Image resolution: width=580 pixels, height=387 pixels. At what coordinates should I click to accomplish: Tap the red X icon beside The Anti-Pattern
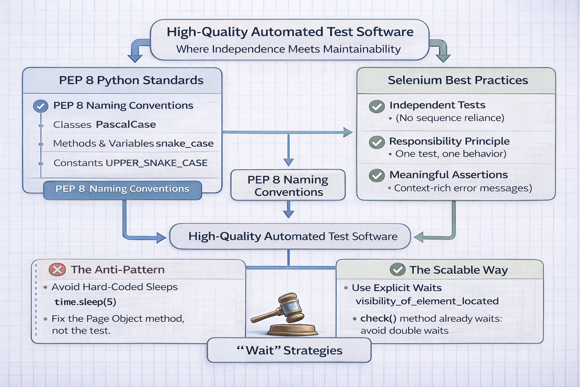coord(57,269)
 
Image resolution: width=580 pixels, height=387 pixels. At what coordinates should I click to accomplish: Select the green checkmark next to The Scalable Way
coord(397,269)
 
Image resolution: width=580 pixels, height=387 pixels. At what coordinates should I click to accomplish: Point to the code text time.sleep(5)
coord(85,302)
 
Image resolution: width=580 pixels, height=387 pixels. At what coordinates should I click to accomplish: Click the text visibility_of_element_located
coord(427,301)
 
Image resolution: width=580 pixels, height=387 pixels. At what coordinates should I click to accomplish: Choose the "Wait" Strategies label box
coord(289,350)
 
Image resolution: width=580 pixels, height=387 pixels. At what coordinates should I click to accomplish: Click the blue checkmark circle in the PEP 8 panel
coord(41,106)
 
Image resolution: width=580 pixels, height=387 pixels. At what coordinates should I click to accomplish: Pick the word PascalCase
coord(126,125)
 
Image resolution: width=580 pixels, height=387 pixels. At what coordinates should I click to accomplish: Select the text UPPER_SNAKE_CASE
coord(157,163)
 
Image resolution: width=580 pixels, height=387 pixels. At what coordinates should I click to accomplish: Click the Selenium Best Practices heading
coord(458,80)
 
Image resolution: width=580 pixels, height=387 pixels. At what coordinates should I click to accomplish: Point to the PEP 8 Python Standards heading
coord(131,80)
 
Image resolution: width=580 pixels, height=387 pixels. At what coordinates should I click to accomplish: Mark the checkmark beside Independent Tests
coord(376,107)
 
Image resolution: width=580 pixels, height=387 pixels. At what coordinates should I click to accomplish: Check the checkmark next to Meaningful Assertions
coord(376,175)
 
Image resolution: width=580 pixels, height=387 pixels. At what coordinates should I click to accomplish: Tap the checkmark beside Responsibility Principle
coord(376,142)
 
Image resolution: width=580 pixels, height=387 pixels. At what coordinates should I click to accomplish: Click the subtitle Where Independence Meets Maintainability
coord(288,49)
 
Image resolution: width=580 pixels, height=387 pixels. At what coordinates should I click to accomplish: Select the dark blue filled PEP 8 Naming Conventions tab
coord(122,189)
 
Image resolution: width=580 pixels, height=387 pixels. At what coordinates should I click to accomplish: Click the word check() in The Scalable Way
coord(378,319)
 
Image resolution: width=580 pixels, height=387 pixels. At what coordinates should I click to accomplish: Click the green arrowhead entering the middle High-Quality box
coord(418,237)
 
